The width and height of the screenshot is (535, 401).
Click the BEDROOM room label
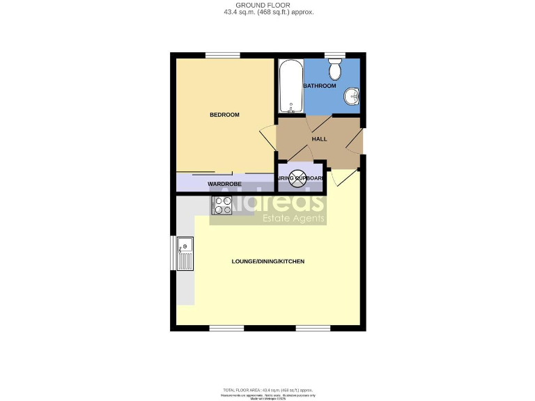(224, 115)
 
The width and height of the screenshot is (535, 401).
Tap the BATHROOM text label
(320, 86)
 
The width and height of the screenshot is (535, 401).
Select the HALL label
(319, 139)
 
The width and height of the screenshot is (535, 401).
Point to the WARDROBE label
(224, 184)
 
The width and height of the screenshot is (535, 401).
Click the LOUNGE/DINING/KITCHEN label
(268, 261)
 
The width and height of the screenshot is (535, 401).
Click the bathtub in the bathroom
(290, 86)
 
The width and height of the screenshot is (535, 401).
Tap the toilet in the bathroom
(335, 69)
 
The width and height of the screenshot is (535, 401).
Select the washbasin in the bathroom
(353, 97)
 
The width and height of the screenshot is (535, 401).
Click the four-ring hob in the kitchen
(222, 205)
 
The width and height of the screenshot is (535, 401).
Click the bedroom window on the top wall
(222, 56)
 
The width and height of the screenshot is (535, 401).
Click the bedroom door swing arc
(267, 136)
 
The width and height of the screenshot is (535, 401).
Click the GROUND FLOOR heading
(268, 5)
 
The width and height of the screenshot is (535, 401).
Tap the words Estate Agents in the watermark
(293, 219)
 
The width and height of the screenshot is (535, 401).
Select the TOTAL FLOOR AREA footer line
(268, 388)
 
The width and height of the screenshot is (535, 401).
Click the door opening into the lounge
(343, 179)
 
